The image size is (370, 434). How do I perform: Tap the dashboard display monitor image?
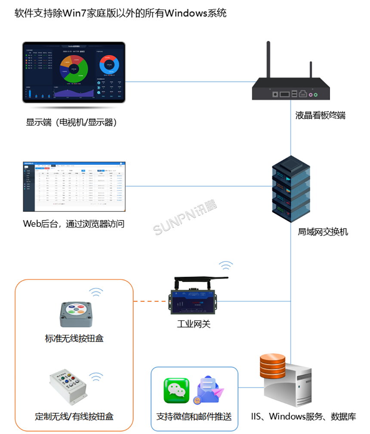coord(74,72)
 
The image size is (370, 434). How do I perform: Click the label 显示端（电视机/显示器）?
coord(71,123)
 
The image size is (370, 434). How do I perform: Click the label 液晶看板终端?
coord(320,115)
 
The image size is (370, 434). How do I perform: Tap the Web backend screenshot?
coord(75,186)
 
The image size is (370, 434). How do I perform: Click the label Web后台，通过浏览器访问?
coord(74,224)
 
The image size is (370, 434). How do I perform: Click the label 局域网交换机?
coord(323,232)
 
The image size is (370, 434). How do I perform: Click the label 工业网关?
coord(194,324)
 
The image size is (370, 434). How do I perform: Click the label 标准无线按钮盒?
coord(74,338)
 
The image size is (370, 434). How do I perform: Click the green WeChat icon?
coord(176,390)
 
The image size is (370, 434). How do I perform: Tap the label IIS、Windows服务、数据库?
coord(304,416)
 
